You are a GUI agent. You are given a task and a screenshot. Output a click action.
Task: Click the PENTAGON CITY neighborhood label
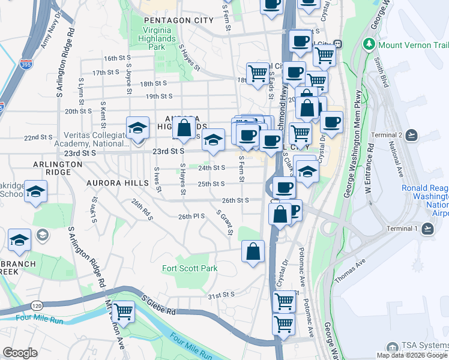(179, 20)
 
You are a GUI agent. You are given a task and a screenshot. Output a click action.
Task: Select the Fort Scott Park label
(190, 268)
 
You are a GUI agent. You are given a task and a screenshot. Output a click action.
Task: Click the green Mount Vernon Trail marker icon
(369, 45)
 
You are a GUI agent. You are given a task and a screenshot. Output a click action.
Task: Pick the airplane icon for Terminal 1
(427, 229)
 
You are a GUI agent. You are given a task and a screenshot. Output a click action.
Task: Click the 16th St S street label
(116, 58)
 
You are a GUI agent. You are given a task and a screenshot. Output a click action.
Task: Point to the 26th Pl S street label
(192, 216)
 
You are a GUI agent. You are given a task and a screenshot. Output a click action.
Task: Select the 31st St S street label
(220, 295)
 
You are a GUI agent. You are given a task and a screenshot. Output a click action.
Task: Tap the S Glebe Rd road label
(158, 304)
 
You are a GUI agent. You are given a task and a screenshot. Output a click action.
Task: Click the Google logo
(20, 353)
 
